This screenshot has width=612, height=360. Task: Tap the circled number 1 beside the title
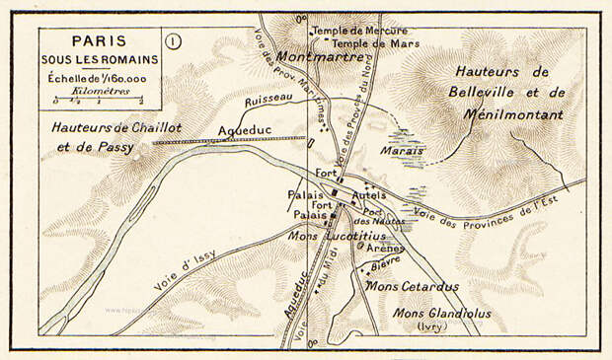174,41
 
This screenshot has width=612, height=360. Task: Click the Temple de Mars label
376,43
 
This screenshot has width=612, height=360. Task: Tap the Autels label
367,195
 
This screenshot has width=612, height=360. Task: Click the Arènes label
385,249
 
